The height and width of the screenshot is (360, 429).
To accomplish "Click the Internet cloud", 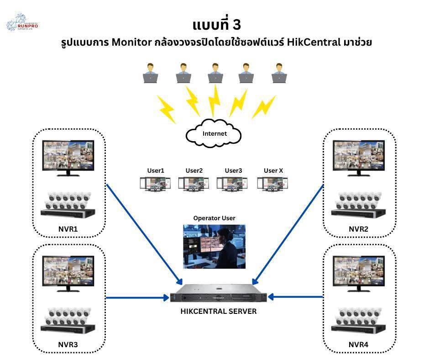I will coord(214,133).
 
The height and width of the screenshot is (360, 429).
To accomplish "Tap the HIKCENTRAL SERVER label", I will coord(218,312).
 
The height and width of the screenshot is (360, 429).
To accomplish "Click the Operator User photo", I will coord(214,246).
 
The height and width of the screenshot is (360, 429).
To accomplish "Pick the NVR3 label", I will coord(69,344).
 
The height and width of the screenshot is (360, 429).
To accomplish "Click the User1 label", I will coord(155,171).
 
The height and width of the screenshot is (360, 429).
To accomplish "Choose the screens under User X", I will coord(272,183).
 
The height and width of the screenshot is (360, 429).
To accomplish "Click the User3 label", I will coord(233,171).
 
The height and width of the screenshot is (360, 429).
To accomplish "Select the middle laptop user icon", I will coord(215,73).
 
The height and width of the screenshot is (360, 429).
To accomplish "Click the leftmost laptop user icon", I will coord(150,73).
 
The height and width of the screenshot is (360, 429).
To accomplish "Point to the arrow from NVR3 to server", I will coord(137,298).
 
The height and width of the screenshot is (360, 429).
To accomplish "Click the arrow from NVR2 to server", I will coord(288,233).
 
